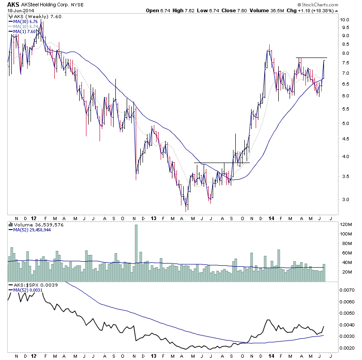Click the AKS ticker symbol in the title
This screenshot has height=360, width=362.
pyautogui.click(x=14, y=4)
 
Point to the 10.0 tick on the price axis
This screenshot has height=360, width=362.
pyautogui.click(x=345, y=20)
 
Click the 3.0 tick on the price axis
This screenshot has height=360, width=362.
pyautogui.click(x=345, y=199)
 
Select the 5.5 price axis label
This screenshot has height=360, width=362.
pyautogui.click(x=345, y=109)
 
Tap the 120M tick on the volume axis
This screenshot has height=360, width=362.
pyautogui.click(x=347, y=225)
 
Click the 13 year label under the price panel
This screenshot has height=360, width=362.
pyautogui.click(x=154, y=218)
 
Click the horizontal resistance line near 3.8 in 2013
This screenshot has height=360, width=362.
pyautogui.click(x=222, y=163)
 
